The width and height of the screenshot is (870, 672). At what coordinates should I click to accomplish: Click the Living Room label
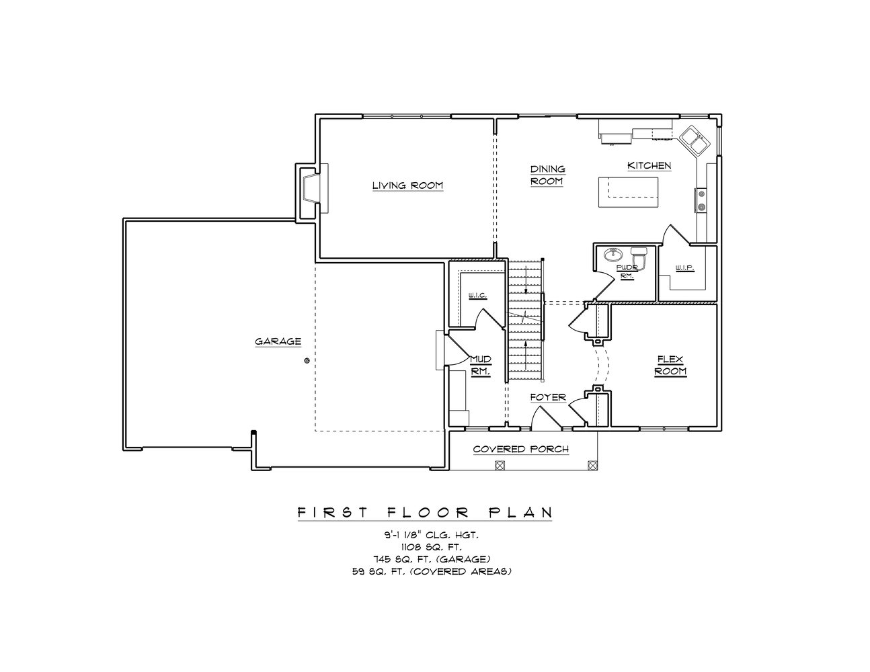click(x=407, y=185)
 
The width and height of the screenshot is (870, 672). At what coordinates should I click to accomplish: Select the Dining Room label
click(x=547, y=175)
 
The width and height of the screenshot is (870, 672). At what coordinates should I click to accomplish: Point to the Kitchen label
click(x=649, y=165)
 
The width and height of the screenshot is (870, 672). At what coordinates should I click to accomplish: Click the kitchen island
click(x=628, y=193)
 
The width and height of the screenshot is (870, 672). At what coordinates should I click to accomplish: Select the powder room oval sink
click(x=613, y=255)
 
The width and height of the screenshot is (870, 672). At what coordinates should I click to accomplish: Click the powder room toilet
click(x=639, y=257)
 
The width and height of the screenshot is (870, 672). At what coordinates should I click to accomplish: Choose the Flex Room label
click(x=670, y=366)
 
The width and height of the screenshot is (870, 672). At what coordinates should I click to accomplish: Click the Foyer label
click(x=547, y=397)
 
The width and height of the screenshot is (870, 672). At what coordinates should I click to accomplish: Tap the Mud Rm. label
click(x=480, y=365)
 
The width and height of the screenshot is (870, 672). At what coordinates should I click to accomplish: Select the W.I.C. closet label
click(x=477, y=296)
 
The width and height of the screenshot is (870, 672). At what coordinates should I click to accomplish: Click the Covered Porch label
click(x=520, y=449)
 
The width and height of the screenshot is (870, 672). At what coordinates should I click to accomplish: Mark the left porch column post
click(x=499, y=464)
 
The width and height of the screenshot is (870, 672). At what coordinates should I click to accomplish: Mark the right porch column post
click(x=592, y=464)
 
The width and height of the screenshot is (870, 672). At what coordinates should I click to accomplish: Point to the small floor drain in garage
click(x=307, y=361)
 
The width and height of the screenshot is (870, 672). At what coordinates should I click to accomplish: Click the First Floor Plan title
click(x=425, y=513)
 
